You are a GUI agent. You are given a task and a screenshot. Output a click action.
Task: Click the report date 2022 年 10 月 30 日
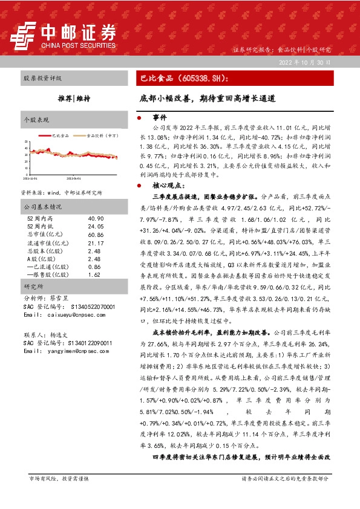[305, 62]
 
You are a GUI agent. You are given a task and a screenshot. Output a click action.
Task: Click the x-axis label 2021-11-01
[30, 179]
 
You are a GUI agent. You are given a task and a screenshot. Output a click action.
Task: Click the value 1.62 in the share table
[94, 273]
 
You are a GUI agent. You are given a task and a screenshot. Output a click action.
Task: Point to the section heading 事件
[160, 117]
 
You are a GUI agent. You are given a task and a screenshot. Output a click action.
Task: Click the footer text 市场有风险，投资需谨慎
[59, 494]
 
